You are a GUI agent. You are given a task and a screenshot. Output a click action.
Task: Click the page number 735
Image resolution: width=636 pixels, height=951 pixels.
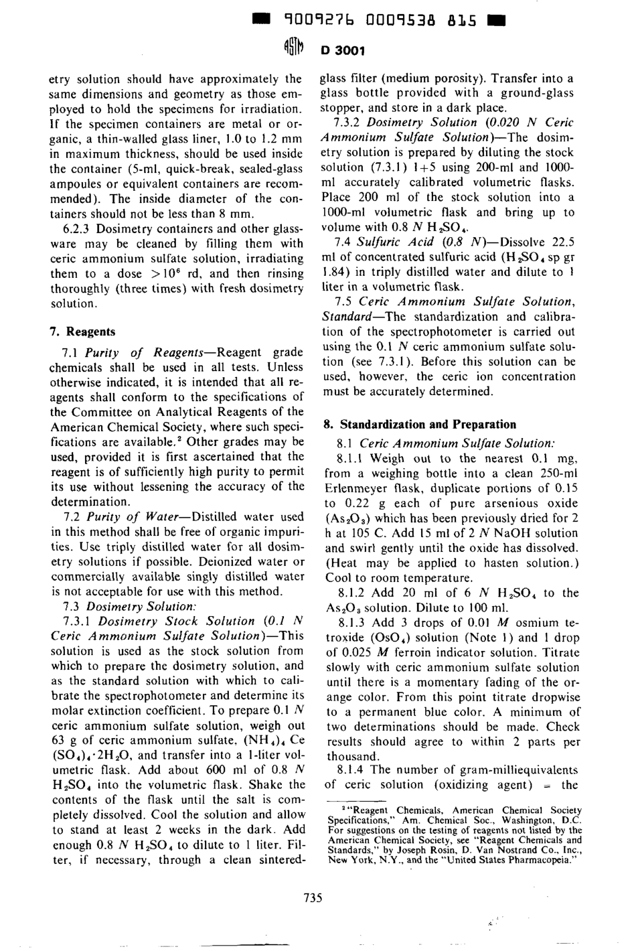click(313, 898)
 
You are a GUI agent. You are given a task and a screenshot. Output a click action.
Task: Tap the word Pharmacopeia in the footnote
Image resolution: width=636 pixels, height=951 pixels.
click(542, 861)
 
